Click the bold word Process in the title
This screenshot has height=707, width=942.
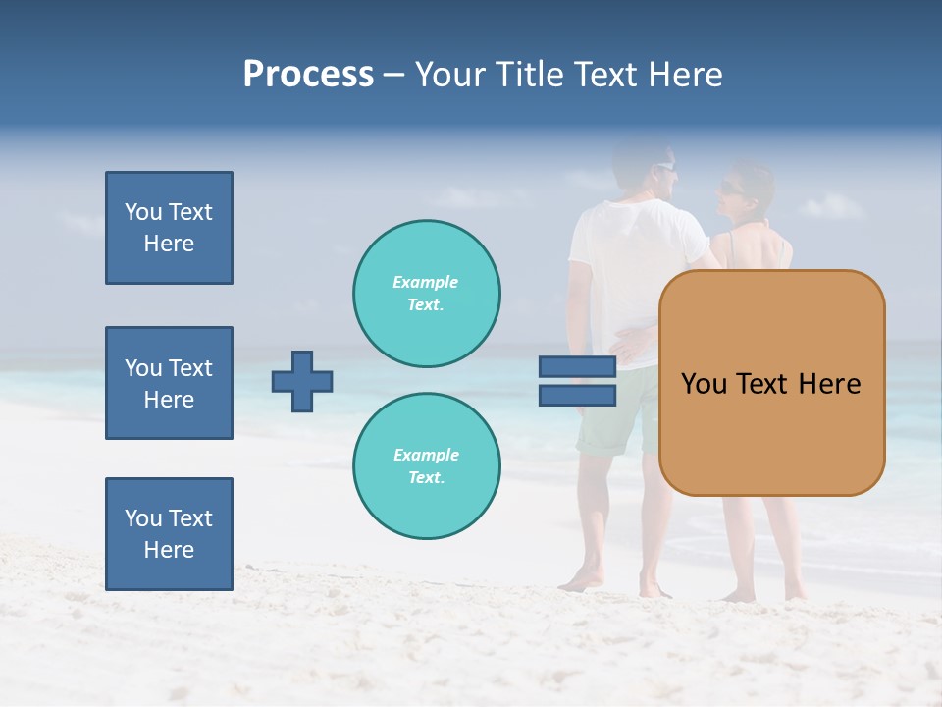tap(308, 75)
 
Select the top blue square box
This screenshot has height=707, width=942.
tap(169, 228)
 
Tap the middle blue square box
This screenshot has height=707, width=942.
tap(169, 383)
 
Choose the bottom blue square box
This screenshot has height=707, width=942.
tap(169, 534)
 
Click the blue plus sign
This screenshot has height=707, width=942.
tap(302, 381)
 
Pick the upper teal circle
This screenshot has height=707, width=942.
tap(427, 294)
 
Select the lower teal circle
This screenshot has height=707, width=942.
tap(427, 466)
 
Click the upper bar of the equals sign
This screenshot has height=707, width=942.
tap(577, 367)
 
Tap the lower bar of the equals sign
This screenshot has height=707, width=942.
tap(577, 395)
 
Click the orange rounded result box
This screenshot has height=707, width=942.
tap(771, 383)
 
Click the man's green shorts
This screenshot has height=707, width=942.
tap(613, 417)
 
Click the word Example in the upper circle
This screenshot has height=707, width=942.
tap(426, 282)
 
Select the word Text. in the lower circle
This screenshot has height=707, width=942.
tap(426, 478)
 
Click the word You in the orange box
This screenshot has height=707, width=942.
tap(705, 384)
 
